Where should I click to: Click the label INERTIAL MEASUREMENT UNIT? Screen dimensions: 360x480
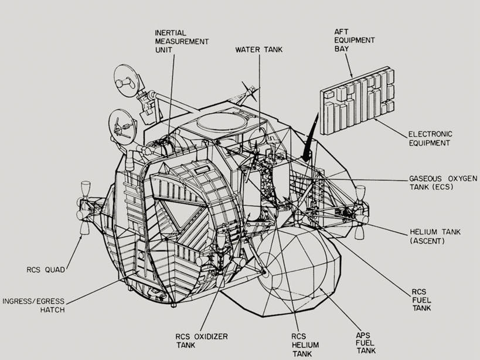[182, 42]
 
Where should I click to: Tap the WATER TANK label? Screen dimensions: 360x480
[258, 50]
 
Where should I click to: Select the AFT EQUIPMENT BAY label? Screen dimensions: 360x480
[355, 40]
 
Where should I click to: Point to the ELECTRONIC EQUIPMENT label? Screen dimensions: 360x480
[430, 138]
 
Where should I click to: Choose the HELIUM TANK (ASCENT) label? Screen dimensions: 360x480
[435, 236]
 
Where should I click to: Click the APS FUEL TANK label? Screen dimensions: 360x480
[367, 342]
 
